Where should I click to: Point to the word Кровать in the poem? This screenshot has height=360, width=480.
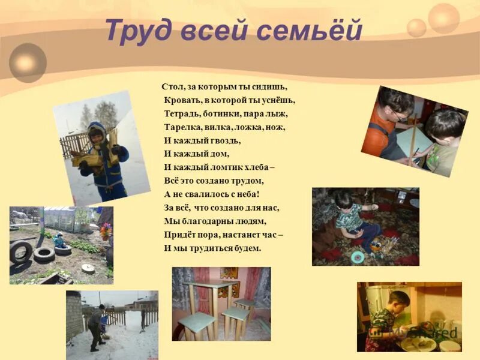click(x=181, y=100)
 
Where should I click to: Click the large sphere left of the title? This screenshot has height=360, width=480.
click(x=28, y=62)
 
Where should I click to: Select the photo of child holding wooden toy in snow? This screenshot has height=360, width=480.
click(x=101, y=147)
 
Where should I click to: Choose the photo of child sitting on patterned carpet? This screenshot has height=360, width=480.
click(x=365, y=226)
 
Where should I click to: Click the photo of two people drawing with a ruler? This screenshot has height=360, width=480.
click(x=414, y=131)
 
